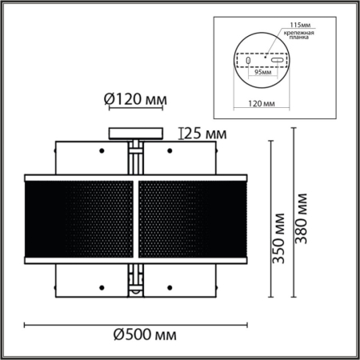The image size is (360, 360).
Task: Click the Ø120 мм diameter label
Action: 135,100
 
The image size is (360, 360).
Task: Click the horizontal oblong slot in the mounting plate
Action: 275,60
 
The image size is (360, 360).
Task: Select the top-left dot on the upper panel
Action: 101,150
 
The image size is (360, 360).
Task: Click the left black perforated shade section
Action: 80,218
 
